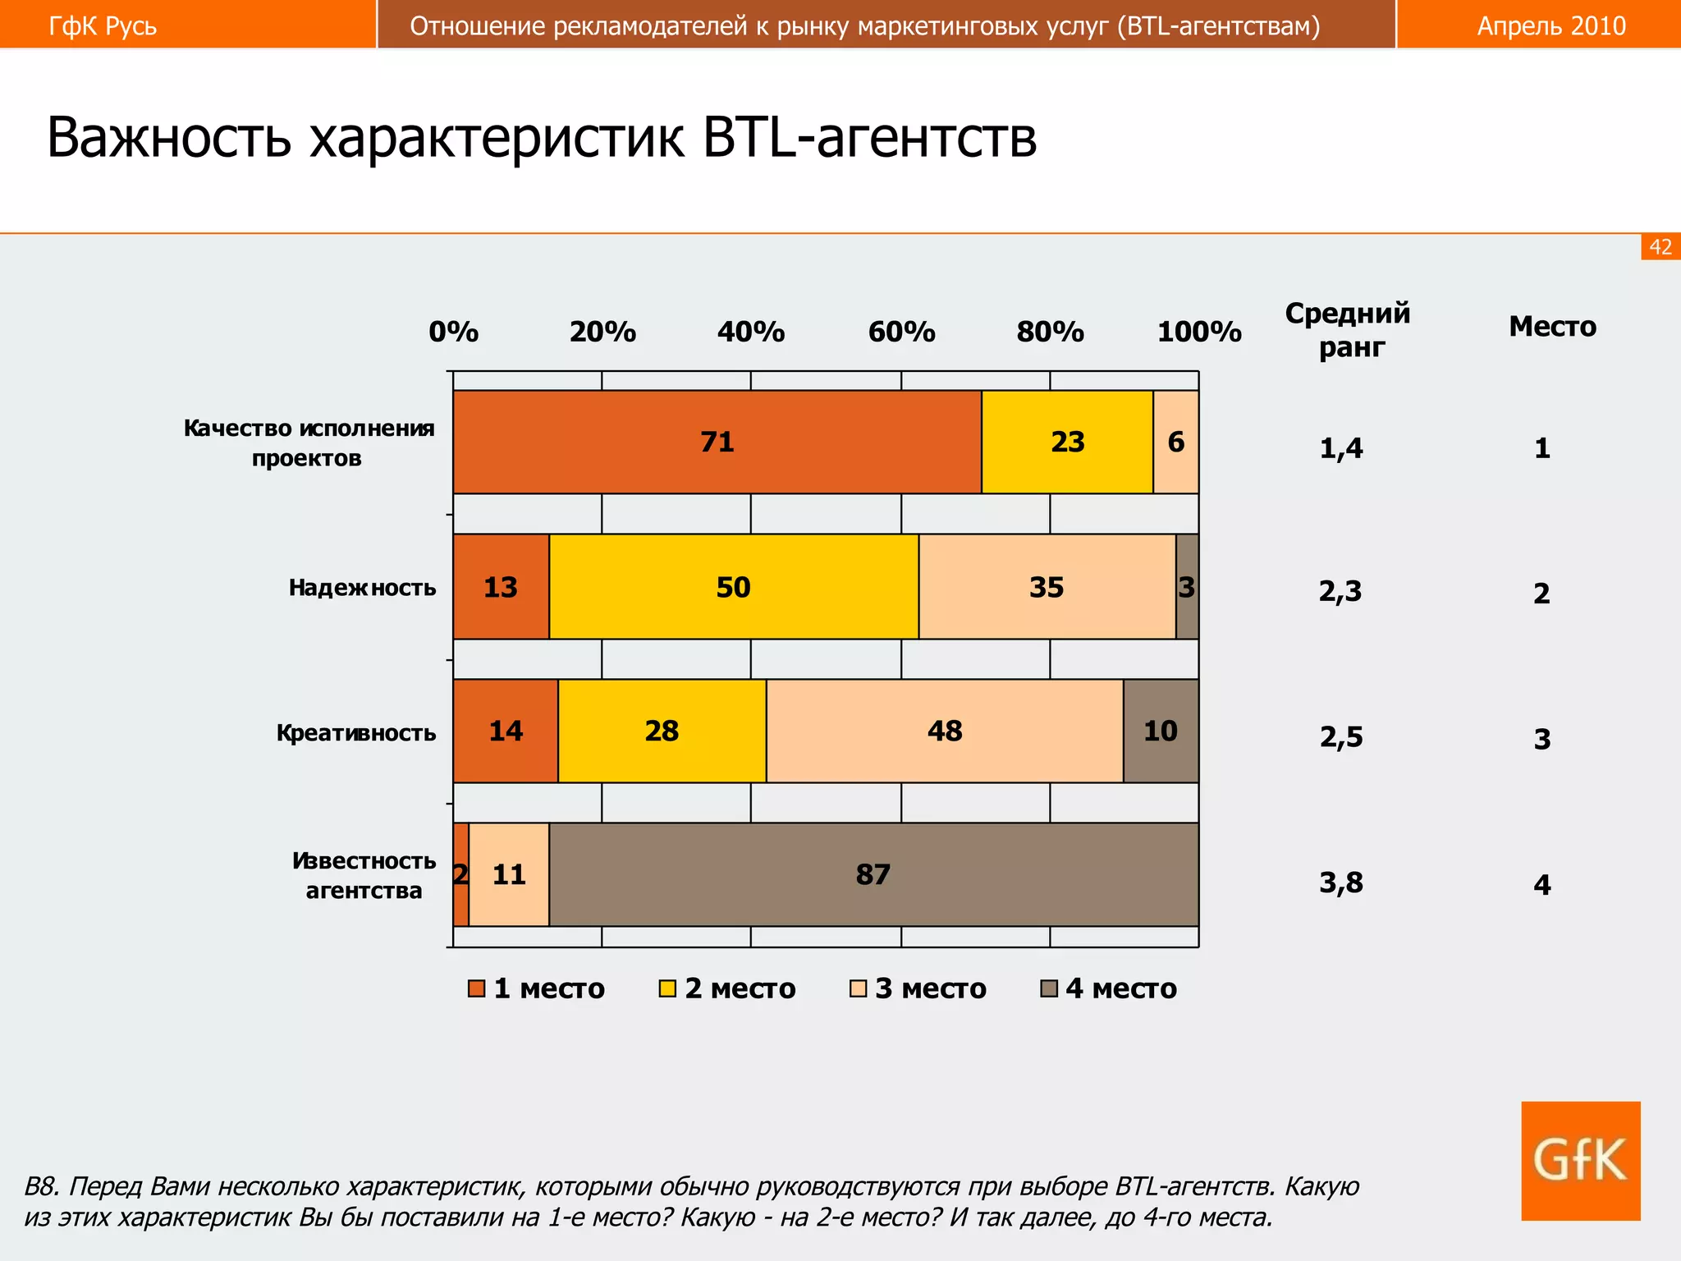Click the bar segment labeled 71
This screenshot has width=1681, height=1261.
(x=717, y=442)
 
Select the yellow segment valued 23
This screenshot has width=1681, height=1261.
(x=1067, y=442)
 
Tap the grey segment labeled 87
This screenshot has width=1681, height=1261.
(x=873, y=874)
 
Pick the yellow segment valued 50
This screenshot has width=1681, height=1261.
(x=733, y=587)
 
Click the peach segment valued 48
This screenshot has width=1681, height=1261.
(x=944, y=731)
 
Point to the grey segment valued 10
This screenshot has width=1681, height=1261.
(x=1161, y=731)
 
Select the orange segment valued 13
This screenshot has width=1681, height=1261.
(x=501, y=587)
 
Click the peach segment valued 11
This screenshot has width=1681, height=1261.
(x=509, y=874)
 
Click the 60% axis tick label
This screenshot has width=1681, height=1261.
(x=901, y=332)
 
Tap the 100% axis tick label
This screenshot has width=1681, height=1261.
(x=1198, y=332)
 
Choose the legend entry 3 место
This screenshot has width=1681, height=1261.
(x=919, y=988)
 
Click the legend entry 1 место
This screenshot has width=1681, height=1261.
(x=538, y=988)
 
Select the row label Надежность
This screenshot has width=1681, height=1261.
(x=362, y=588)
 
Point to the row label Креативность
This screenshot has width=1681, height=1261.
(x=355, y=732)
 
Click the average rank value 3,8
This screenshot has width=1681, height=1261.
(x=1340, y=883)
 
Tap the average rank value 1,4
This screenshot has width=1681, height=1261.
(x=1340, y=448)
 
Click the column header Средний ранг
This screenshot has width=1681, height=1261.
(x=1348, y=330)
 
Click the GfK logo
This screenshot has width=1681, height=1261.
(x=1580, y=1160)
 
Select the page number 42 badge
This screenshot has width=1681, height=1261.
(x=1660, y=247)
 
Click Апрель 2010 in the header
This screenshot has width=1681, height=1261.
(x=1550, y=26)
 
